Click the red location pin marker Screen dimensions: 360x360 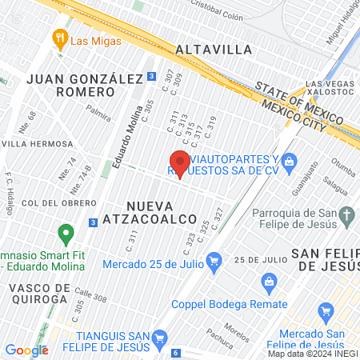tap(179, 163)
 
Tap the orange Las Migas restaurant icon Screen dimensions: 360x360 tap(58, 38)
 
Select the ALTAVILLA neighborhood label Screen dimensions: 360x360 tap(214, 50)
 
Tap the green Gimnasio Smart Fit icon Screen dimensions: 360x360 tap(66, 235)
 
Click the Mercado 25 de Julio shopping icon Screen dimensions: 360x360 tap(214, 260)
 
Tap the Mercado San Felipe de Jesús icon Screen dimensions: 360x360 tap(326, 311)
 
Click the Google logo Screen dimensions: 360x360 tap(26, 350)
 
